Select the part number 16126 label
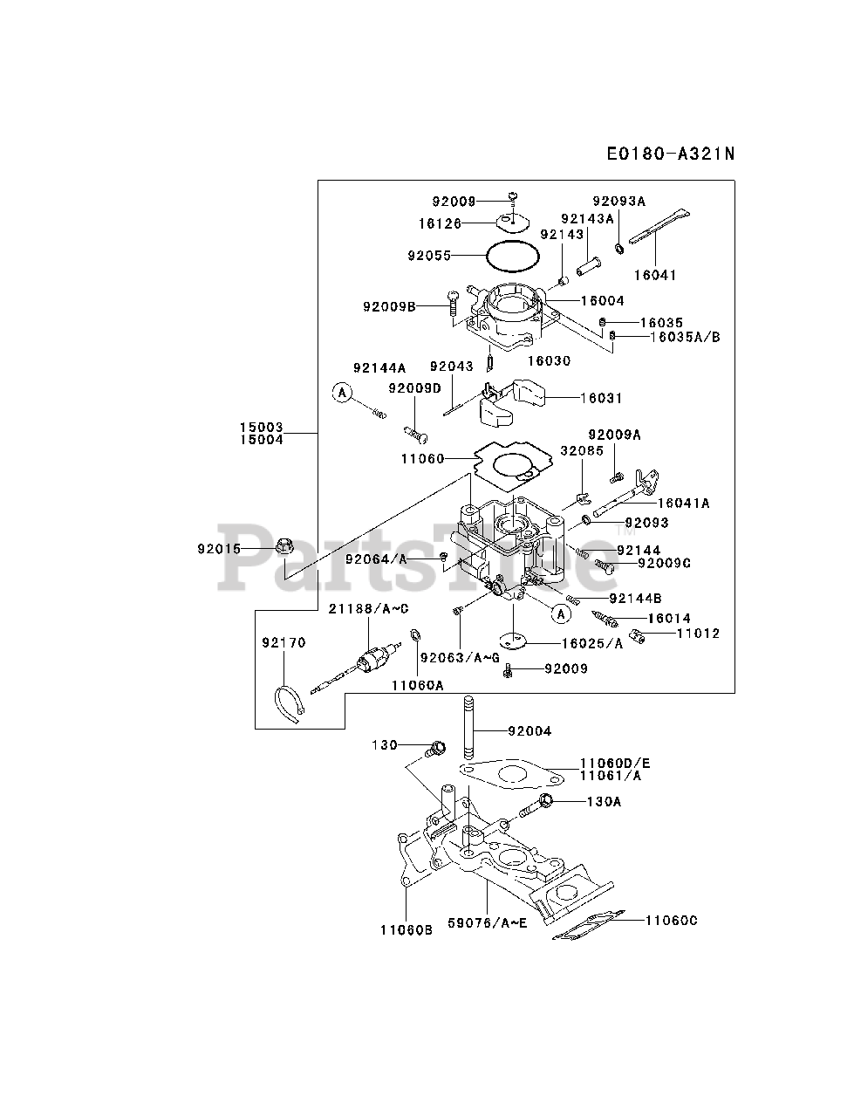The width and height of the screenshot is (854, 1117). tap(440, 223)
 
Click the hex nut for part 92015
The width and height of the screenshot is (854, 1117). tap(284, 548)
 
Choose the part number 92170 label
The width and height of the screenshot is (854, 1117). tap(284, 643)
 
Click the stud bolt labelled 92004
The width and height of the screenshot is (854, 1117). tap(468, 730)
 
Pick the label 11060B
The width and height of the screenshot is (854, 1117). tap(407, 930)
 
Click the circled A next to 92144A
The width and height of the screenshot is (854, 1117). tap(342, 394)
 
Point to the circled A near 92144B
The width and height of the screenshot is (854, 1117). tap(562, 614)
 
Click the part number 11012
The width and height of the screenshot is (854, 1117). tap(699, 633)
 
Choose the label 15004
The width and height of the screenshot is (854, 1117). tap(262, 440)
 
